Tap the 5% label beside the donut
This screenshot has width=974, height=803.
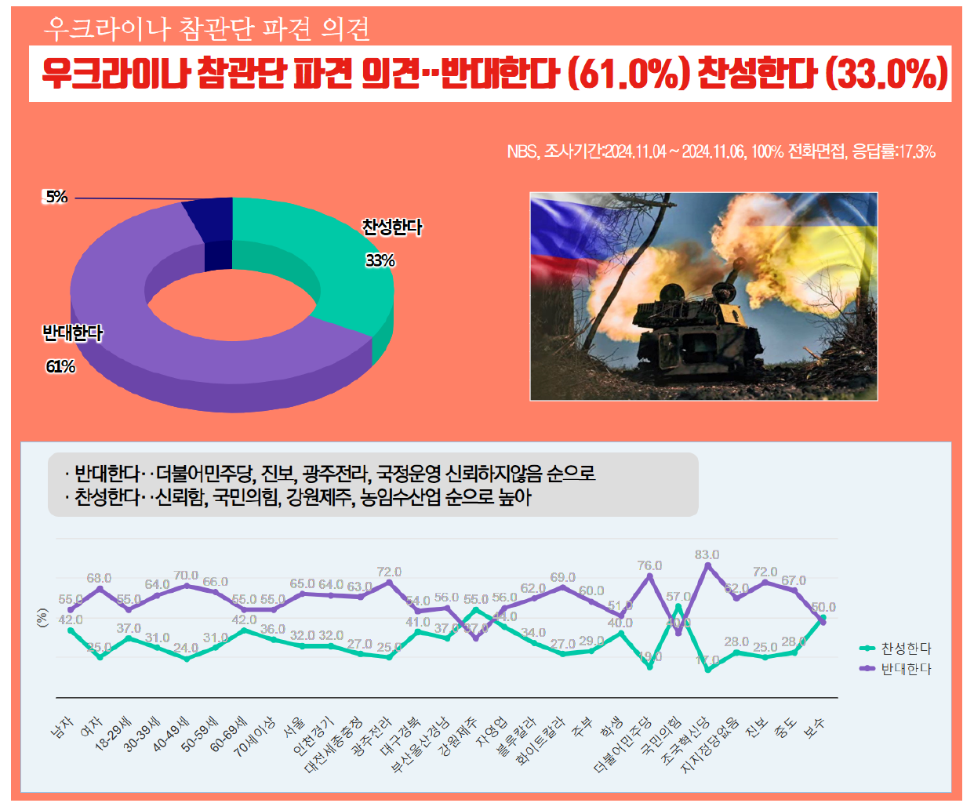[56, 197]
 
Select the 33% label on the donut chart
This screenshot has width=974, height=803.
[380, 260]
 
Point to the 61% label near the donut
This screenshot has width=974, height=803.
[60, 366]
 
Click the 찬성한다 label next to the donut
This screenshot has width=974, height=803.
[392, 227]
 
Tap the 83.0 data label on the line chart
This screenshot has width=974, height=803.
[707, 554]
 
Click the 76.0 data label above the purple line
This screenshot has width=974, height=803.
[649, 565]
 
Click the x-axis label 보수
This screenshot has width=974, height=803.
[815, 728]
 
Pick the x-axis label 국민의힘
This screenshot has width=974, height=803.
[661, 736]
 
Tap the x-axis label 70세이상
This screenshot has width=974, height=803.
[255, 736]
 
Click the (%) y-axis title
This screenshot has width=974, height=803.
[42, 618]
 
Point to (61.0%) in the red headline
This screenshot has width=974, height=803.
[628, 74]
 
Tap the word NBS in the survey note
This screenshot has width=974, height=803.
[522, 151]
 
